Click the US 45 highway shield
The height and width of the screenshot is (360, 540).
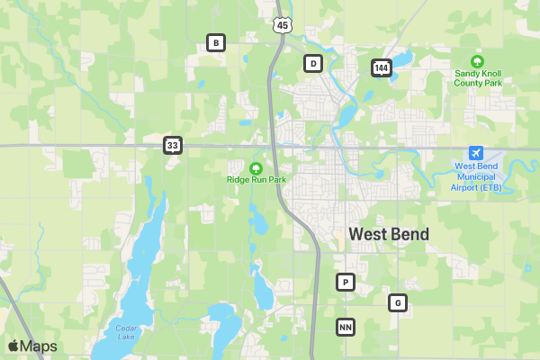tap(283, 24)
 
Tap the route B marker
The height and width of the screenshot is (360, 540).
tap(215, 42)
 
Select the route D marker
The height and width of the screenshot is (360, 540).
tap(312, 63)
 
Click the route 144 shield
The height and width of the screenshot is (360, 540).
tap(381, 67)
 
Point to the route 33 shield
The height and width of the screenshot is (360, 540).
tap(173, 144)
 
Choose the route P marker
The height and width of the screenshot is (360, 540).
tap(345, 283)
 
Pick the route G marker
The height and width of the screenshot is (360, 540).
tap(398, 302)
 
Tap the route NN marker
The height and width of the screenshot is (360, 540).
tap(345, 327)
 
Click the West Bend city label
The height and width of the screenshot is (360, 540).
tap(389, 234)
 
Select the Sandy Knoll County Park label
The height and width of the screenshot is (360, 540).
tap(478, 77)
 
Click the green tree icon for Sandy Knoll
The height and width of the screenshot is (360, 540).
tap(478, 60)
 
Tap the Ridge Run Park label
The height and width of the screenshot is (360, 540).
tap(256, 179)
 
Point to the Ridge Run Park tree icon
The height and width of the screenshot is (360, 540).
tap(256, 166)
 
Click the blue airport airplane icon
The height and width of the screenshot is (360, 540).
tap(477, 153)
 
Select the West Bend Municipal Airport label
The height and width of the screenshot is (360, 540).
tap(478, 176)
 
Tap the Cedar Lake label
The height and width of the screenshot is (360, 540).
tap(126, 332)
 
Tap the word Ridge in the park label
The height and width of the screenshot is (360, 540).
tap(238, 179)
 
